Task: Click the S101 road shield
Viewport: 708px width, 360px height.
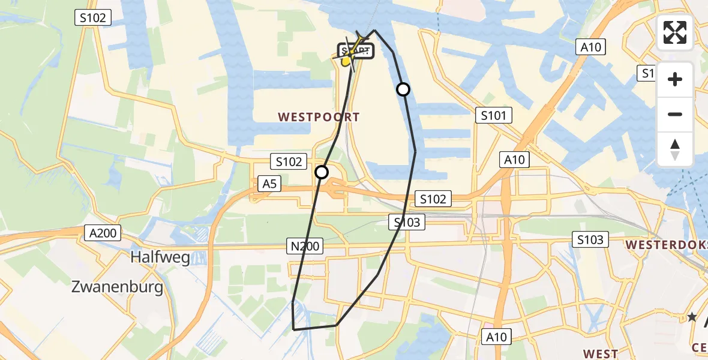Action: tap(493, 115)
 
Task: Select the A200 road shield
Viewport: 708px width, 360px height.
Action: tap(103, 233)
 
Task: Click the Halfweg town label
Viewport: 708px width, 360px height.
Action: tap(160, 258)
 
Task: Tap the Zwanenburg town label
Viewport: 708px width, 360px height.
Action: tap(117, 287)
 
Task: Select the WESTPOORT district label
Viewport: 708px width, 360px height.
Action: tap(319, 118)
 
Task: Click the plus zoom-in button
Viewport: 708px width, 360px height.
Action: tap(675, 79)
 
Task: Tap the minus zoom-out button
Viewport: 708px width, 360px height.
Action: tap(675, 114)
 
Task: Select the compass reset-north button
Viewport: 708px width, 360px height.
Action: tap(675, 149)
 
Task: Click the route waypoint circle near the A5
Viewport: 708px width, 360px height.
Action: tap(322, 172)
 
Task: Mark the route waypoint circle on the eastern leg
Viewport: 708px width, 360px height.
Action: tap(403, 89)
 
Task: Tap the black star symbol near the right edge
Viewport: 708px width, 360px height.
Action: tap(692, 316)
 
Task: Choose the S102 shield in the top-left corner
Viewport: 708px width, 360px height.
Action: tap(93, 18)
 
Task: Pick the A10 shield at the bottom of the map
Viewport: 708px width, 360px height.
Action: tap(496, 337)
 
